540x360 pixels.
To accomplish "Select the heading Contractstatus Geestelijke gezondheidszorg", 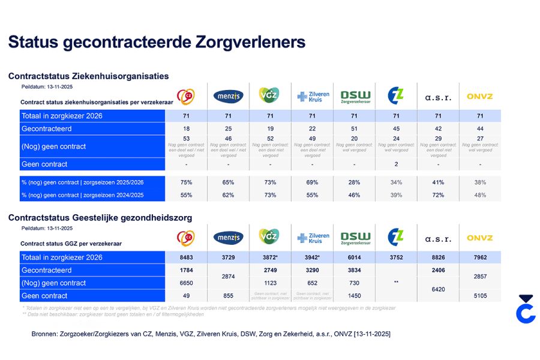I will [100, 218].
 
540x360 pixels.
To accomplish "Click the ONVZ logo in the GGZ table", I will [479, 238].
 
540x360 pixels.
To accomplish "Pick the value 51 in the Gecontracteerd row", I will [354, 129].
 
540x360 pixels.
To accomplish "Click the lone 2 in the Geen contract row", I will [396, 164].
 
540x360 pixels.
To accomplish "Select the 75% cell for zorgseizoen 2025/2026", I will [186, 182].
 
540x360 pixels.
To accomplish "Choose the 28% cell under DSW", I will [354, 182].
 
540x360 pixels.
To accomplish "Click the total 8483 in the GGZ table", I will [186, 257].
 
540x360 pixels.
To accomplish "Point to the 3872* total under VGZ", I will [271, 257].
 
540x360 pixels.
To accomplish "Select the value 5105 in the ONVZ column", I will [479, 296].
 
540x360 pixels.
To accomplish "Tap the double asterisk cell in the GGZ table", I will [396, 282].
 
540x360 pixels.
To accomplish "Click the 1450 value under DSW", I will [354, 296].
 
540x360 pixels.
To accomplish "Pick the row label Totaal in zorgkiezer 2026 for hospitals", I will [62, 116].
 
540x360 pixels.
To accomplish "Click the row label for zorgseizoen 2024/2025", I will [83, 195].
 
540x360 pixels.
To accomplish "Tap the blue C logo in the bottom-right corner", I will [526, 310].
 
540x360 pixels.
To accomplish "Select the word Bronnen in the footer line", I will [46, 333].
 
